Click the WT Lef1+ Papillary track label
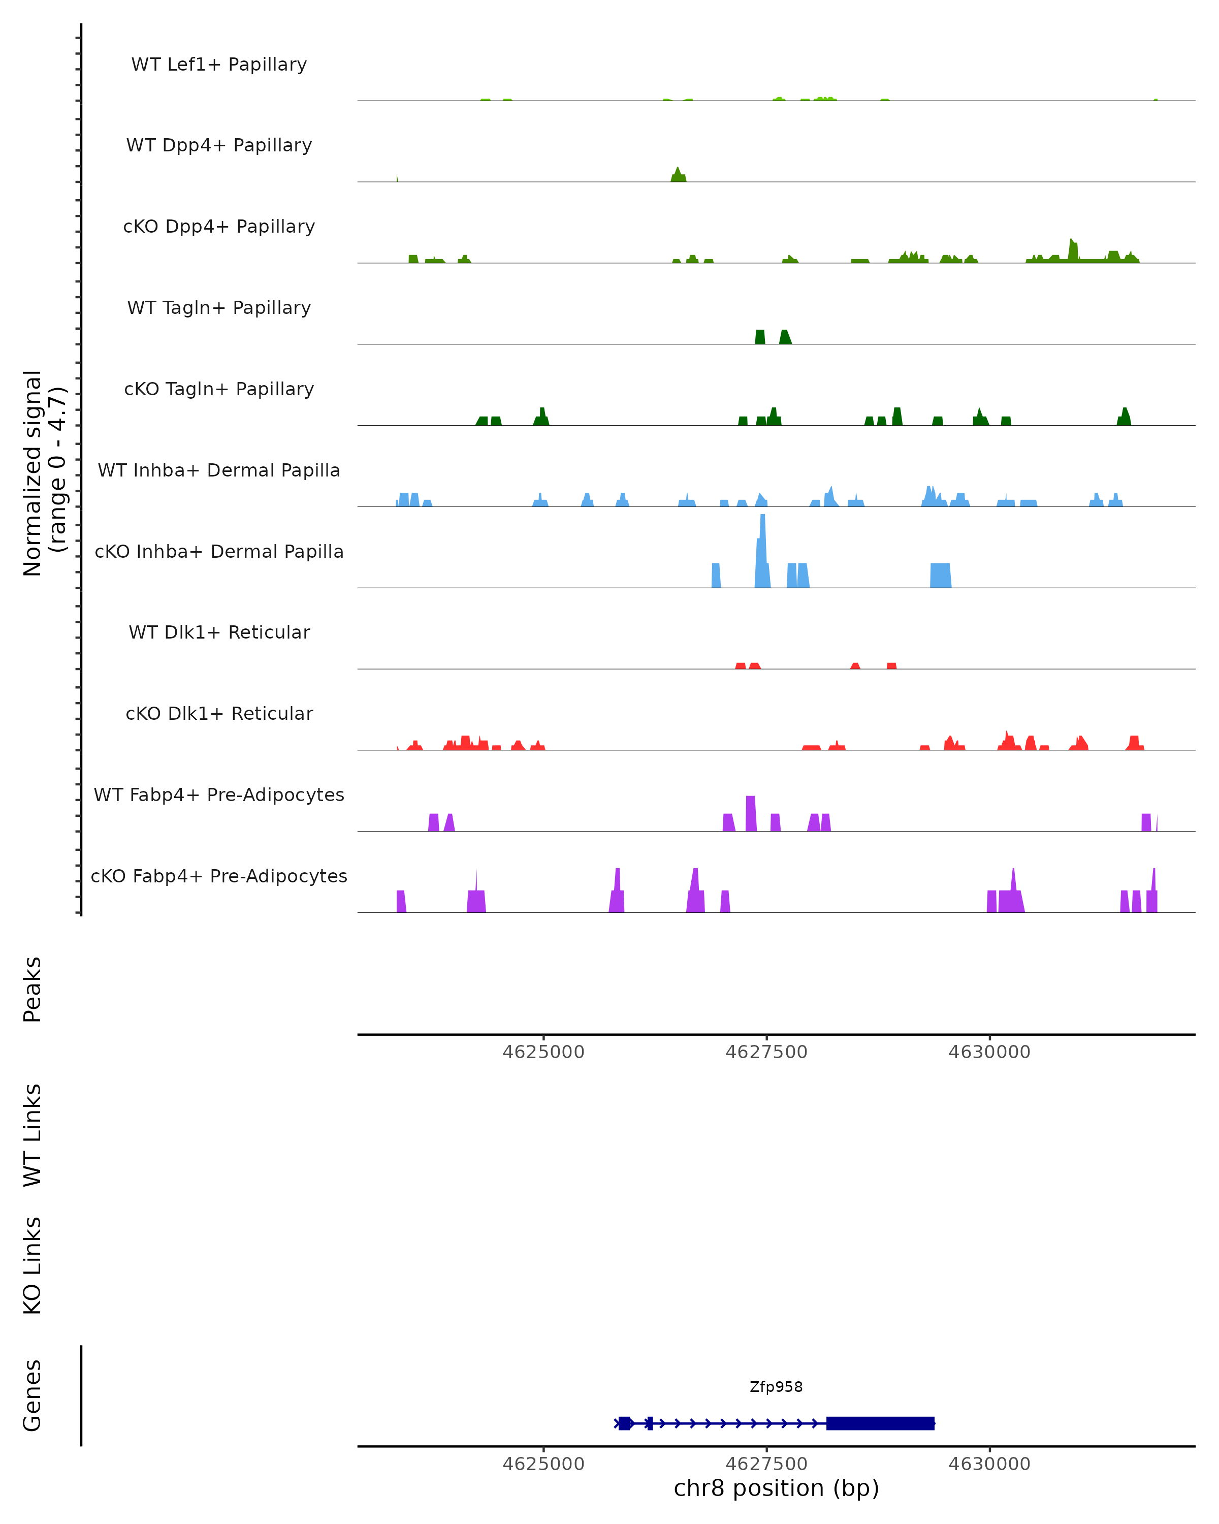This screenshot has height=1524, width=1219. click(x=219, y=65)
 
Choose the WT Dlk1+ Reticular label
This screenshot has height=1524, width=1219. click(x=219, y=632)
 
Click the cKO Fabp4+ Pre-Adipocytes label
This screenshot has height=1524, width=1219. click(x=219, y=876)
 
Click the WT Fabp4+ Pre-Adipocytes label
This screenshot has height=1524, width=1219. click(x=219, y=795)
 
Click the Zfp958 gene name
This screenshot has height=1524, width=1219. click(x=776, y=1387)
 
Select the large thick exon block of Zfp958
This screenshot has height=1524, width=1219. click(x=881, y=1423)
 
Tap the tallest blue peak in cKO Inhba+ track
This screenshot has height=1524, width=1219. click(x=762, y=551)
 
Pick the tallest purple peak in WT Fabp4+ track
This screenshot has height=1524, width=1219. click(x=751, y=813)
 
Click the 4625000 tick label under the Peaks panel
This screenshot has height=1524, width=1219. click(x=543, y=1052)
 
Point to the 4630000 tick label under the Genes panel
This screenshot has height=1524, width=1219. click(x=989, y=1464)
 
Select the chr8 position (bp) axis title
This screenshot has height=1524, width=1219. click(x=776, y=1488)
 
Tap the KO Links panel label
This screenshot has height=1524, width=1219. click(x=33, y=1266)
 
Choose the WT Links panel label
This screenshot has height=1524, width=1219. click(x=33, y=1134)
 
